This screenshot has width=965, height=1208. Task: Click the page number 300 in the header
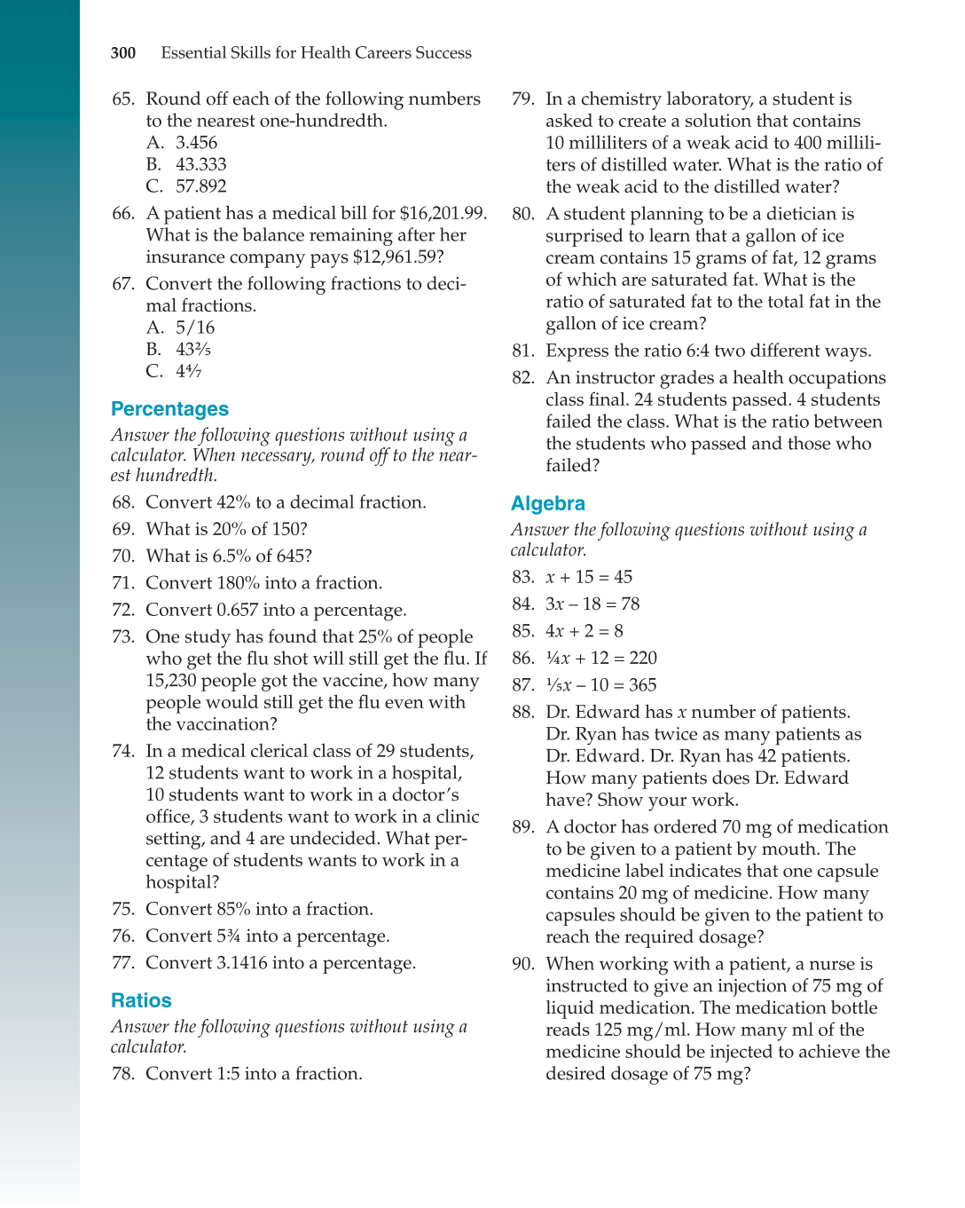tap(123, 53)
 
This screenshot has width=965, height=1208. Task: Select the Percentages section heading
tap(169, 409)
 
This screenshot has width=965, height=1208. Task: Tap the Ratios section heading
tap(141, 1000)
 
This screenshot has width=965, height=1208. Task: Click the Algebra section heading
tap(547, 503)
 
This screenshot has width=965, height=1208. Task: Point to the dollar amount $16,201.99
tap(442, 214)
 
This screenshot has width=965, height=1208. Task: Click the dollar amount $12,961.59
tap(397, 257)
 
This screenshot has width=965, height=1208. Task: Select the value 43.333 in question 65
tap(200, 165)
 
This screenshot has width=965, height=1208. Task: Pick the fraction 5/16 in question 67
tap(195, 328)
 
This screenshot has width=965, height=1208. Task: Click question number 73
tap(122, 637)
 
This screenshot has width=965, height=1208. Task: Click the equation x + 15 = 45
tap(589, 578)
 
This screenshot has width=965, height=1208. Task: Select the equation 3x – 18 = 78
tap(592, 604)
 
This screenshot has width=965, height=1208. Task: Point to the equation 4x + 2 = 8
tap(584, 631)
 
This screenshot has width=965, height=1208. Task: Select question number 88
tap(522, 713)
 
